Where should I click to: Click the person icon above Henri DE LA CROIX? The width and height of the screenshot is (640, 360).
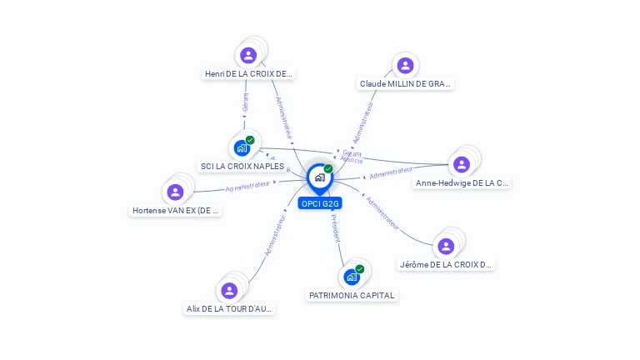(x=247, y=56)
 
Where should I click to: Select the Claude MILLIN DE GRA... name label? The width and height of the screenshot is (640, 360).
(x=406, y=84)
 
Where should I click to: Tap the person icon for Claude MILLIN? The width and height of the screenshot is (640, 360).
(x=405, y=66)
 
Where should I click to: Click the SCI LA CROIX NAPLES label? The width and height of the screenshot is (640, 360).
(x=242, y=166)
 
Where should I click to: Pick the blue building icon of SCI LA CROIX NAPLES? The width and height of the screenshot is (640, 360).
(x=242, y=148)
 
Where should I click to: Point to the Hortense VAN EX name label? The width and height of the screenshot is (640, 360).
(x=176, y=211)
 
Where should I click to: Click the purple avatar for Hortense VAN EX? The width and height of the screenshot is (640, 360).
(x=175, y=192)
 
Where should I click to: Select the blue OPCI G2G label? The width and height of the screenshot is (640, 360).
(x=320, y=203)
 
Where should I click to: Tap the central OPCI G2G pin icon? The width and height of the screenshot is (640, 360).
(x=320, y=177)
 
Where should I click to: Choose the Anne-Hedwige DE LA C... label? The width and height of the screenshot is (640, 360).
(x=462, y=183)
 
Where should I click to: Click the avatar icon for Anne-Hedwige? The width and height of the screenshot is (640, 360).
(x=462, y=164)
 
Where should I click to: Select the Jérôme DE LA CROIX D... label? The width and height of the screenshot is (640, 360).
(x=446, y=265)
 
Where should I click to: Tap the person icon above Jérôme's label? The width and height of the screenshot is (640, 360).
(x=446, y=246)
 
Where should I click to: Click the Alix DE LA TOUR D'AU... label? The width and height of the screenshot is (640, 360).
(x=229, y=308)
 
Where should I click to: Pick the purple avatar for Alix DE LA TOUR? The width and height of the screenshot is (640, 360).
(x=229, y=290)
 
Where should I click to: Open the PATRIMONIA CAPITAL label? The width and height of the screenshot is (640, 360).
(x=352, y=295)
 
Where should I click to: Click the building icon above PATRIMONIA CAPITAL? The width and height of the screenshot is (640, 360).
(x=352, y=277)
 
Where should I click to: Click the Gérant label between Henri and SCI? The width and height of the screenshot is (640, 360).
(x=245, y=102)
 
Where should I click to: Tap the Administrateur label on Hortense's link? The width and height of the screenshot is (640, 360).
(x=248, y=186)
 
